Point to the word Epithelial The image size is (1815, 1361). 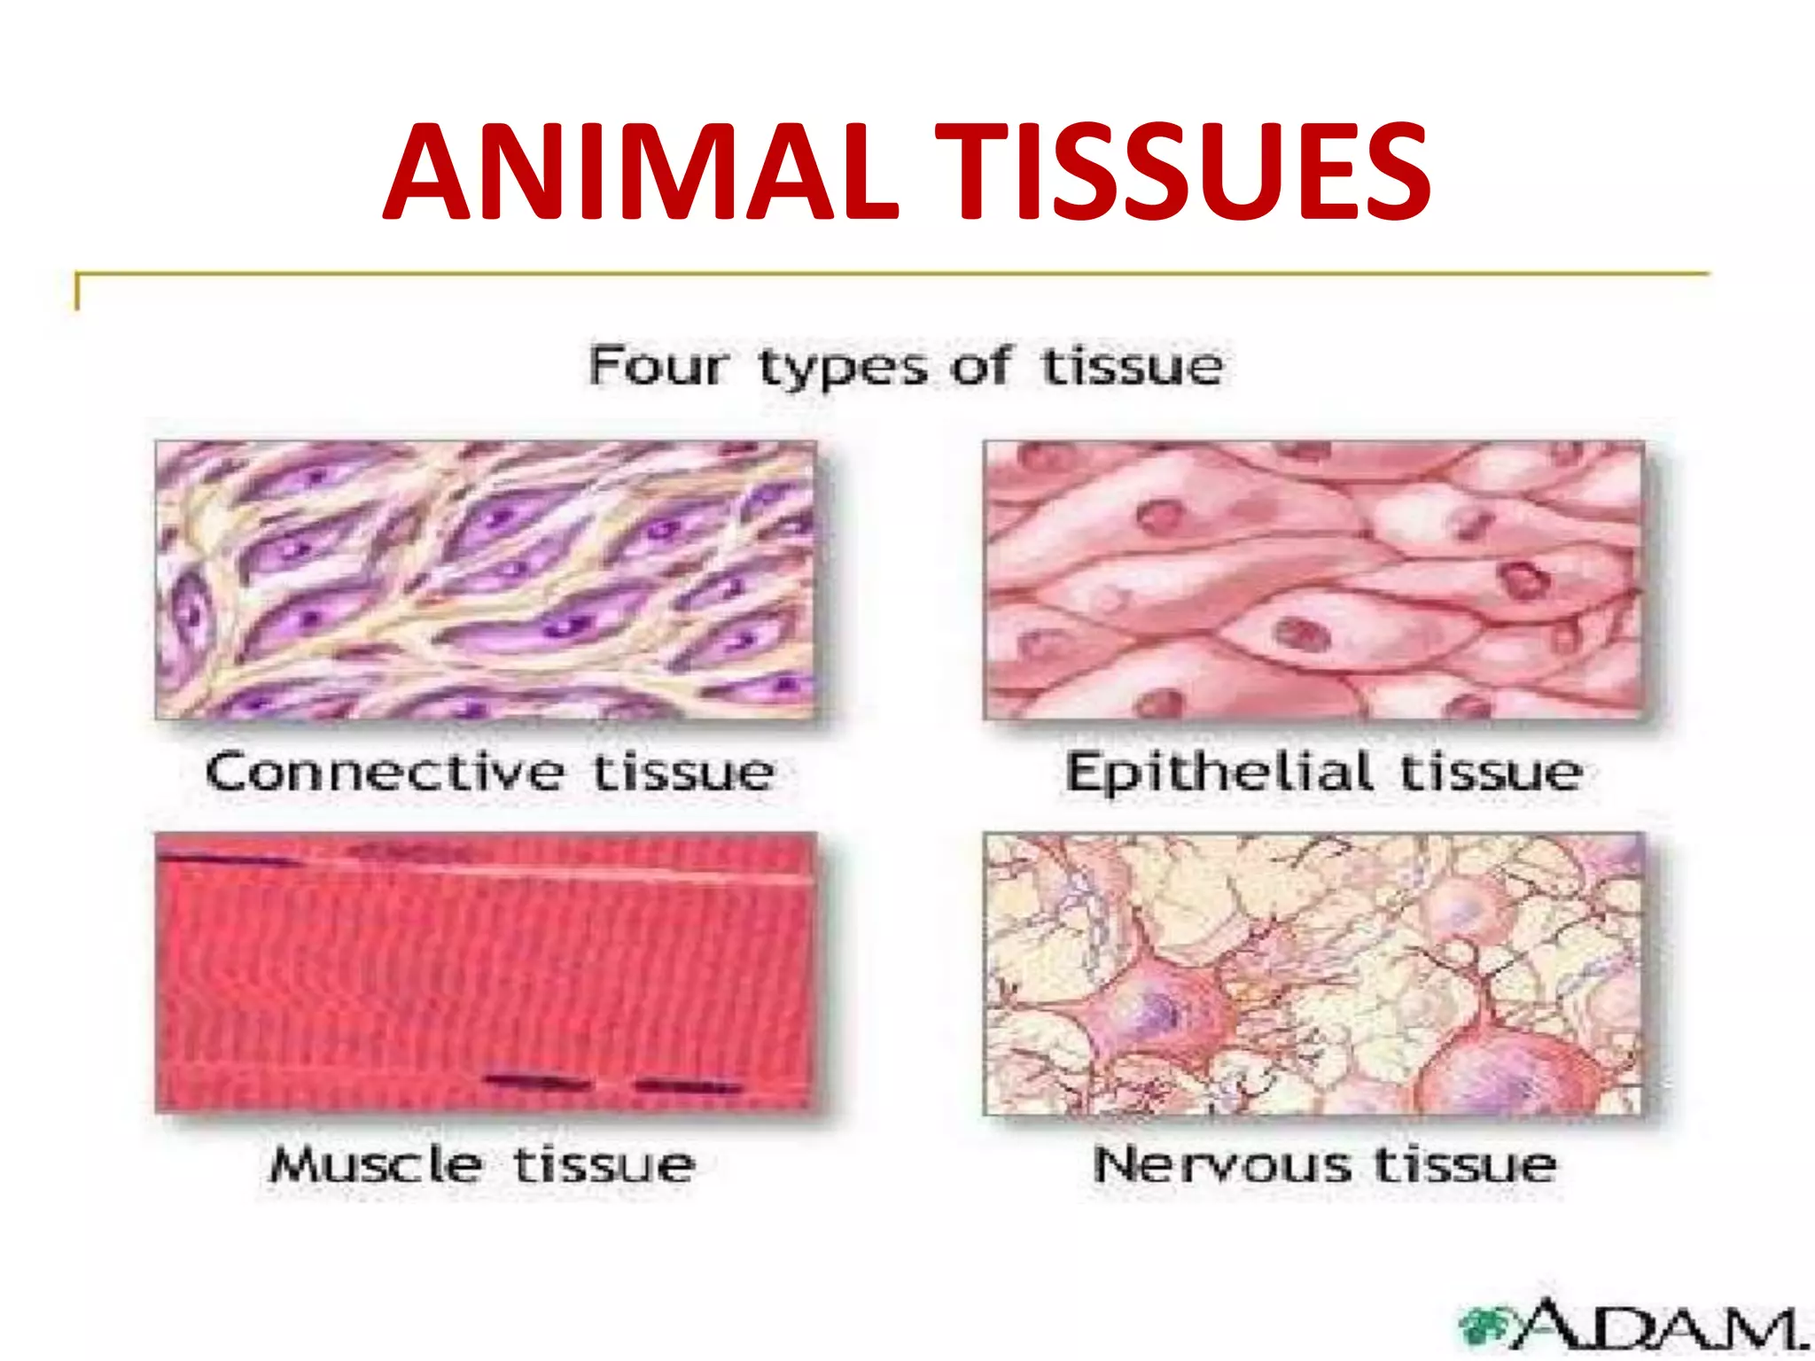pos(1219,773)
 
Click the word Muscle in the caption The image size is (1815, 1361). pos(376,1164)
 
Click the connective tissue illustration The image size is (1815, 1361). pos(486,580)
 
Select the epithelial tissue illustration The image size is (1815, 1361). pos(1313,580)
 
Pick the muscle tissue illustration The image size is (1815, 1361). pos(486,972)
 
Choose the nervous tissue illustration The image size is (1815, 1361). pos(1313,972)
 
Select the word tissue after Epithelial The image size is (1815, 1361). pos(1491,773)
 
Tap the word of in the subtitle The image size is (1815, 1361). pos(980,366)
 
